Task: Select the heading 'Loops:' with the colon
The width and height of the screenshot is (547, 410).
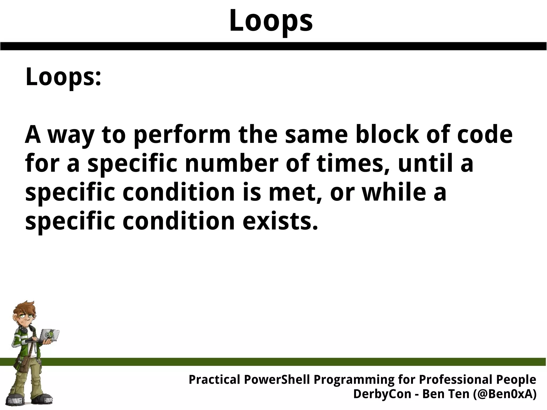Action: click(63, 77)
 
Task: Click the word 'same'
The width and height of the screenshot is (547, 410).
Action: click(317, 135)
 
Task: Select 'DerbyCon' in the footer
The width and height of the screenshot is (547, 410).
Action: click(382, 394)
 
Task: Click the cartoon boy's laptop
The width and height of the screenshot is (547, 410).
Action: click(50, 337)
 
